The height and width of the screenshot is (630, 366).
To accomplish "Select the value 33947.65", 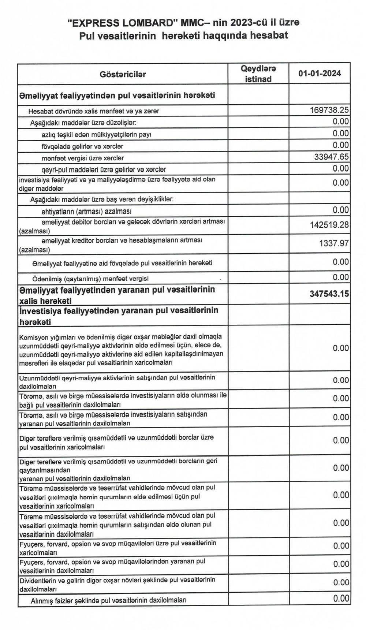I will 332,157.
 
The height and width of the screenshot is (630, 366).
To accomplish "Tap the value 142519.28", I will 329,225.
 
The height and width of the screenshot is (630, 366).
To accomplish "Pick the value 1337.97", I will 334,243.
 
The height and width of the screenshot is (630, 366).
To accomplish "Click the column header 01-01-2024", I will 320,74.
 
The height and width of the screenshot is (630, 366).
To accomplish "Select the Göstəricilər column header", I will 123,74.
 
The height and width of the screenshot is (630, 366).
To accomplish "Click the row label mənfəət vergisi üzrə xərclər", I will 83,158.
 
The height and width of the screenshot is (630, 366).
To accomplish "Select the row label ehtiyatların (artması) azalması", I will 87,212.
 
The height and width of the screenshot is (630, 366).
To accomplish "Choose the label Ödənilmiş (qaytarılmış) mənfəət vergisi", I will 90,279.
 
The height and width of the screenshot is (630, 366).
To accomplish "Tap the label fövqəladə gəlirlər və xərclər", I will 82,146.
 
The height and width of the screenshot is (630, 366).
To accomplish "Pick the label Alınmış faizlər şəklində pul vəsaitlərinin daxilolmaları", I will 109,600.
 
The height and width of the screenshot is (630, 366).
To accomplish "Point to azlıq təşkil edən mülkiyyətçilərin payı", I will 97,135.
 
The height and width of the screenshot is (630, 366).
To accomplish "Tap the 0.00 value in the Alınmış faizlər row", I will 341,599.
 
